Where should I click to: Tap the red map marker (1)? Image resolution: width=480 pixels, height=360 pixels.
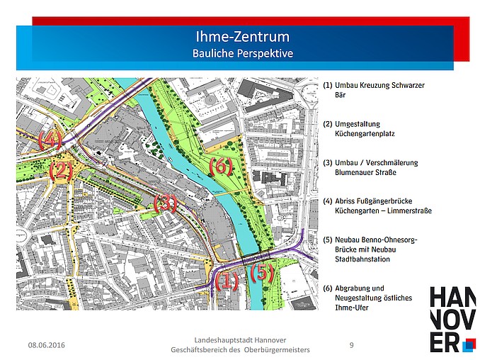point(227,281)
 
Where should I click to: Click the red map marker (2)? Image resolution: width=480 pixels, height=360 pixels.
point(62,170)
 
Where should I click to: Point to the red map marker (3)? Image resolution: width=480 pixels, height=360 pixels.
point(165,204)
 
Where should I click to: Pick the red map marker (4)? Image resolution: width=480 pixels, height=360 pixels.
point(50,139)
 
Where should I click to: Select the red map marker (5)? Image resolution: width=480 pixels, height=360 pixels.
point(261,271)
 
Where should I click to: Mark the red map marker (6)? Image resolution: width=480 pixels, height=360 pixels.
point(220,166)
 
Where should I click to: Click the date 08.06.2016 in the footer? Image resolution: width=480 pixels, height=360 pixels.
point(46,345)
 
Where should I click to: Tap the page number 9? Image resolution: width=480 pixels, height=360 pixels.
point(352,345)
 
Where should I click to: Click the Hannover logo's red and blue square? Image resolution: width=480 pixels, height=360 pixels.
point(468,345)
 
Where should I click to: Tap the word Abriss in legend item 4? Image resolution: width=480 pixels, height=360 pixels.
point(346,201)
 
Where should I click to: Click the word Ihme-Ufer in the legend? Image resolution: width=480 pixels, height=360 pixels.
point(352,308)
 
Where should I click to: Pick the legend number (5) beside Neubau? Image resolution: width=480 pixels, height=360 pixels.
point(328,240)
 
